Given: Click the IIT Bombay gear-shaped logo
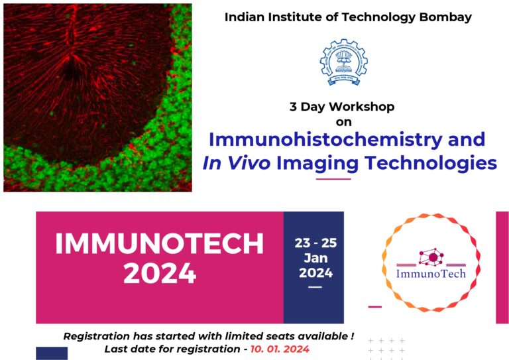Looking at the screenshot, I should tap(343, 63).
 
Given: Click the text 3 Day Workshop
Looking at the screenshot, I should tap(342, 106).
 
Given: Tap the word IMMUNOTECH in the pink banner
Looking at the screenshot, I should tap(159, 245).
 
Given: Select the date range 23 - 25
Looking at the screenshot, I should tap(313, 243).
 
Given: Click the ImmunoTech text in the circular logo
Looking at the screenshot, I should tap(431, 273).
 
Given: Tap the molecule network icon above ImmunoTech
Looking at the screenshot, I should tap(432, 256).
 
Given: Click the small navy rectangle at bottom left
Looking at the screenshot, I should tap(52, 353).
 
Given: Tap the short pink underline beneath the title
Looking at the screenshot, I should tap(333, 178).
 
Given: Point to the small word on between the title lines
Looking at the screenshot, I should tap(343, 122).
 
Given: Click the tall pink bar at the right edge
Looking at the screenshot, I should tap(502, 267).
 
